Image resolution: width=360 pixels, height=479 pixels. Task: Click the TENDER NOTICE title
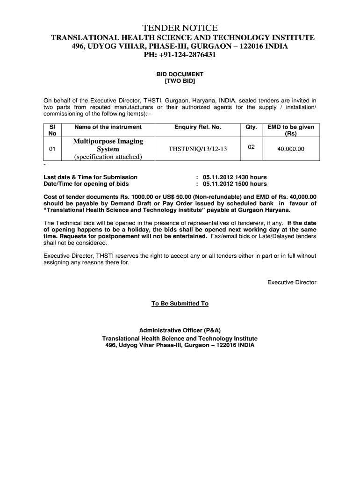click(180, 28)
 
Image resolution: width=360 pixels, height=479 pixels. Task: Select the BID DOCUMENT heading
click(180, 74)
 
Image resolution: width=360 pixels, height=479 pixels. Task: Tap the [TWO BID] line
click(180, 81)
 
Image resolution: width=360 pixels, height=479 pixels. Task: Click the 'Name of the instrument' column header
click(108, 127)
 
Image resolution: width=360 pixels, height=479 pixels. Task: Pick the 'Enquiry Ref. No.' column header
click(198, 127)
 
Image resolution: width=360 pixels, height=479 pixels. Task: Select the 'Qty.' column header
click(251, 127)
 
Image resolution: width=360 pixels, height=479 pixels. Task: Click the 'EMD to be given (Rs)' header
click(291, 130)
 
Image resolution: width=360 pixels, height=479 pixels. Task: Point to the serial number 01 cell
click(52, 149)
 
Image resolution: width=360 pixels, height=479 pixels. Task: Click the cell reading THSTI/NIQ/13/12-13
click(198, 149)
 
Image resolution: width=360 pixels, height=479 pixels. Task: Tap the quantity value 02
click(251, 147)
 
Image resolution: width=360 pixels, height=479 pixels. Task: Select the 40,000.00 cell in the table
click(291, 149)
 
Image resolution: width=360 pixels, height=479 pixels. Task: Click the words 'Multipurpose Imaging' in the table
click(108, 141)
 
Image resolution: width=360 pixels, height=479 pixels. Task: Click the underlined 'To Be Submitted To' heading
click(180, 304)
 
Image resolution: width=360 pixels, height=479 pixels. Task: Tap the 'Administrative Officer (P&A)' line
click(180, 331)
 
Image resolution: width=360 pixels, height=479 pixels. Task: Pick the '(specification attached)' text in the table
click(108, 157)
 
